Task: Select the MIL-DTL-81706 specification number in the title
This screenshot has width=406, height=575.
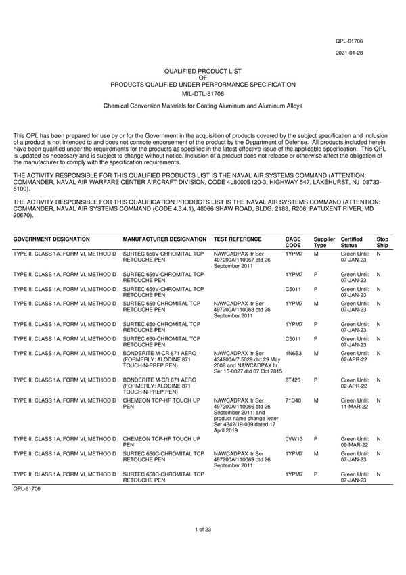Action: (203, 93)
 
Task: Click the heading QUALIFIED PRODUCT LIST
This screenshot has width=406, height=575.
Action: (203, 70)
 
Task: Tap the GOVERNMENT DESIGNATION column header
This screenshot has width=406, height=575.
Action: (51, 239)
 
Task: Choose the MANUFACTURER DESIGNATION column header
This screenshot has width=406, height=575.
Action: (164, 239)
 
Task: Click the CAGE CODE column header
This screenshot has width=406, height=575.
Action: (293, 242)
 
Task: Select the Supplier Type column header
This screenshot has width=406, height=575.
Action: (324, 242)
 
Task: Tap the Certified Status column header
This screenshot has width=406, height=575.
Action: (351, 242)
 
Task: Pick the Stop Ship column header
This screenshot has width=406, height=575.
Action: (382, 242)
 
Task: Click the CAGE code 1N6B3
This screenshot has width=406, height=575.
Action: (293, 353)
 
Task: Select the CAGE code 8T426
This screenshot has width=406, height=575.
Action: (293, 380)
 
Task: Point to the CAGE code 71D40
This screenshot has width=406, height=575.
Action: (293, 400)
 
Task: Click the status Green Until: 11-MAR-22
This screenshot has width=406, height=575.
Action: (355, 403)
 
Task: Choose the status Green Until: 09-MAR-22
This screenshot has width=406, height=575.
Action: (355, 442)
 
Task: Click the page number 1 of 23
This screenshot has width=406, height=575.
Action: (203, 547)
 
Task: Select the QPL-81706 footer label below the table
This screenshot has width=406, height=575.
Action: (27, 488)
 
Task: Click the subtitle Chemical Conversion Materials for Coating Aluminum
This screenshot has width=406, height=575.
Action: (203, 106)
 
